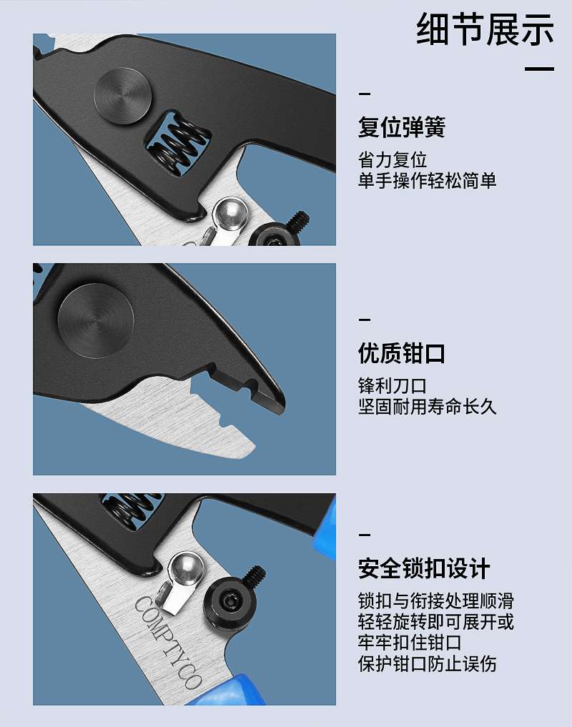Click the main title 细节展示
(x=485, y=29)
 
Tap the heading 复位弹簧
(x=402, y=127)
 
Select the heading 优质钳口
(x=402, y=353)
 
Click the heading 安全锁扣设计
(x=424, y=568)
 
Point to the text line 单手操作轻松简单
(x=428, y=180)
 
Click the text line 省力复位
(x=393, y=160)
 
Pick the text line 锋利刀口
(x=393, y=386)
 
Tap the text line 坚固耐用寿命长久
(x=428, y=407)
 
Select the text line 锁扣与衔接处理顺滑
(x=436, y=601)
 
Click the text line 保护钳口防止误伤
(x=428, y=663)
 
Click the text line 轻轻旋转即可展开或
(x=436, y=622)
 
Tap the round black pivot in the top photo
(x=123, y=96)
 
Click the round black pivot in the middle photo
(x=96, y=320)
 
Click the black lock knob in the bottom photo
(x=230, y=603)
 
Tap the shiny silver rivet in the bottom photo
(x=186, y=569)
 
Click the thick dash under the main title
(x=540, y=69)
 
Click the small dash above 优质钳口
(x=365, y=320)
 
